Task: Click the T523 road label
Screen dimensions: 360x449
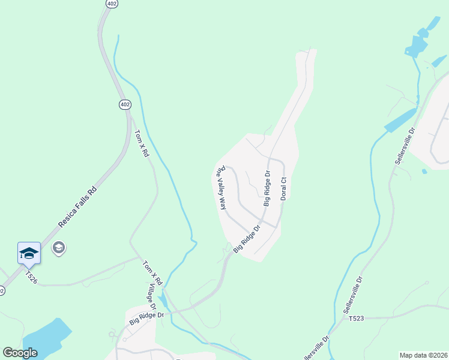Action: tap(357, 319)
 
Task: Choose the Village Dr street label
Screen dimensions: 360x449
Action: tap(152, 298)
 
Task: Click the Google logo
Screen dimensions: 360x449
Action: tap(20, 353)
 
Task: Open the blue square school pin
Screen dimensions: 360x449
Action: tap(29, 253)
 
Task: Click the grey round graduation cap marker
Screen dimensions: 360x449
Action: tap(58, 247)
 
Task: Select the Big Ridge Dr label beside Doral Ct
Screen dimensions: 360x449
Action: tap(267, 188)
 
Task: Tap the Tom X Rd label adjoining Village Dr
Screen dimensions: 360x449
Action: tap(152, 273)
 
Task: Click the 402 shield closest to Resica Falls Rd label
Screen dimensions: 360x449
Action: tap(124, 104)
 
